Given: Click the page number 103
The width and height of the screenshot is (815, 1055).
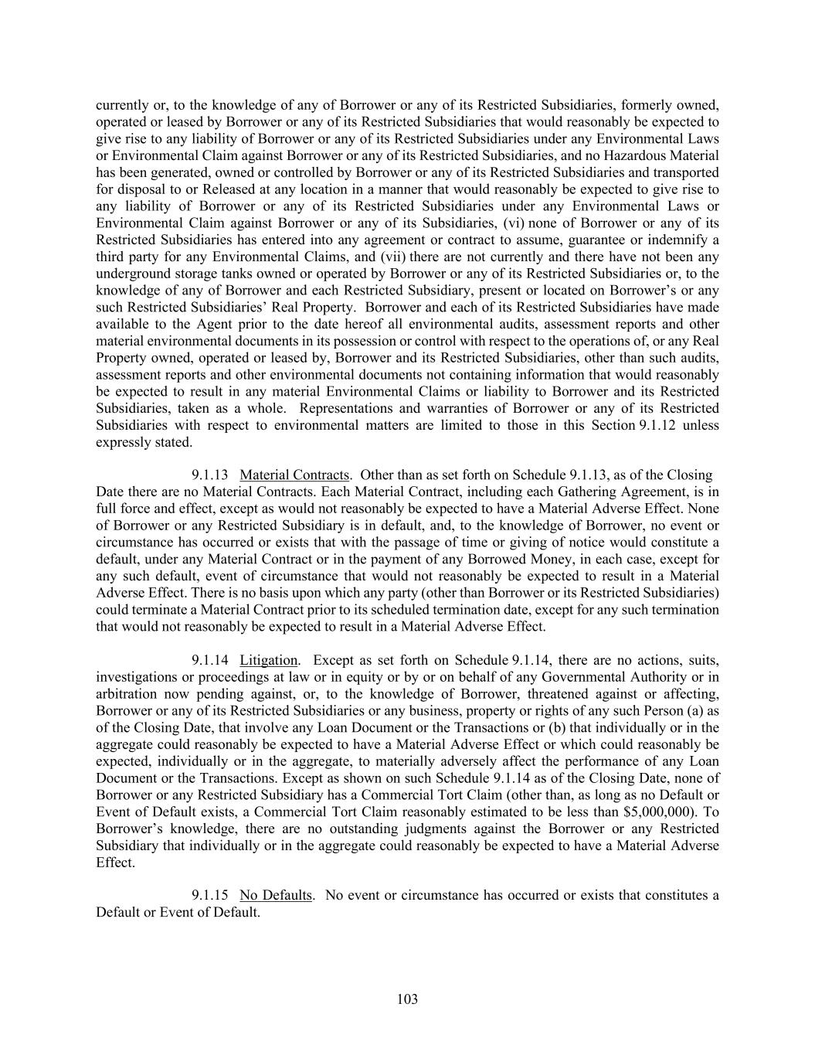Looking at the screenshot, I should point(407,999).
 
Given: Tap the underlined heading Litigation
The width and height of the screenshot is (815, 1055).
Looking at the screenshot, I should point(268,660).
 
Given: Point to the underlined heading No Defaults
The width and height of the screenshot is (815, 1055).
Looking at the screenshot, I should point(276,895).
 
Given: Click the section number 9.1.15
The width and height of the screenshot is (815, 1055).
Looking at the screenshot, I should point(209,895).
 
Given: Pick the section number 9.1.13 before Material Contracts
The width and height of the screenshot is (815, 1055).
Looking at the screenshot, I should point(209,475).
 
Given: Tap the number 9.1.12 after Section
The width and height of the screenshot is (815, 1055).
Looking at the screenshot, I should point(658,425).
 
